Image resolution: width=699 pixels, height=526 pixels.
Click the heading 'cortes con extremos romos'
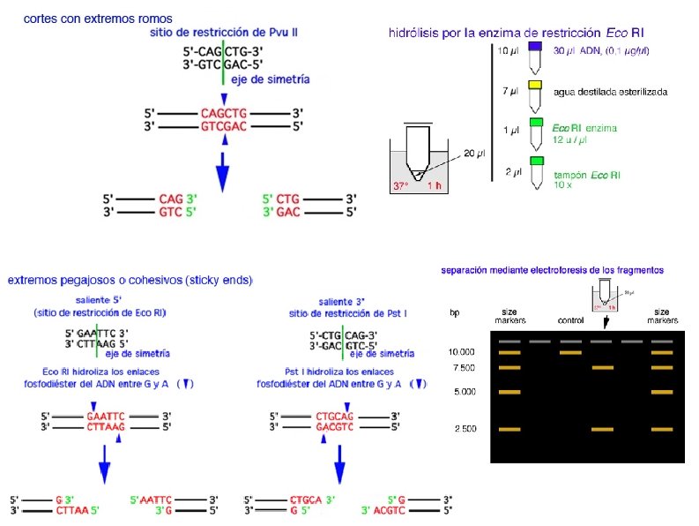pos(98,18)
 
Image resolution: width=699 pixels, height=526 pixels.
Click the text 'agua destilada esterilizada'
pos(610,92)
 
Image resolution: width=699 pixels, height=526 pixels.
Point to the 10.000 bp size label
pos(462,351)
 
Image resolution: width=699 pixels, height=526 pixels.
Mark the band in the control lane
pos(570,352)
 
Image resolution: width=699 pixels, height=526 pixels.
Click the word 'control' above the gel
pos(571,319)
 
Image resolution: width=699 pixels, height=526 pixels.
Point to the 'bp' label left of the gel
pos(454,313)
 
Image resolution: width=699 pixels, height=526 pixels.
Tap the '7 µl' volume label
pos(510,91)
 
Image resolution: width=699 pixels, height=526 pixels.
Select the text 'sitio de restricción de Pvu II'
pos(223,32)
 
